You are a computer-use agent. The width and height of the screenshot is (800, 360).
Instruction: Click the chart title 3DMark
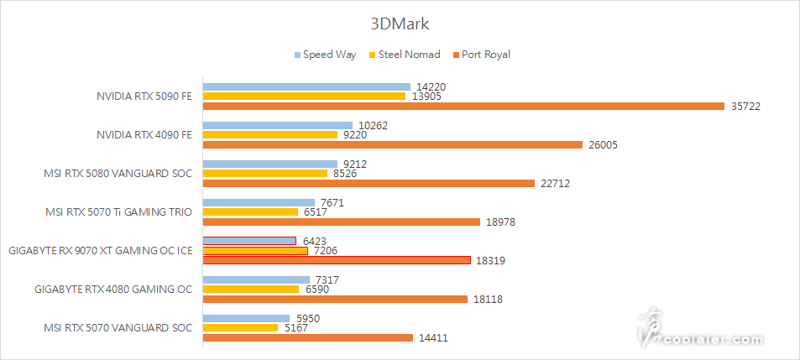pyautogui.click(x=400, y=24)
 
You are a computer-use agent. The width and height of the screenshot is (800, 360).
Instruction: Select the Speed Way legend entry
pyautogui.click(x=325, y=55)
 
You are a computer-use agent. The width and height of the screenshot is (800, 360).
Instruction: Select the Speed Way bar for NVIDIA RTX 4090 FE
pyautogui.click(x=278, y=126)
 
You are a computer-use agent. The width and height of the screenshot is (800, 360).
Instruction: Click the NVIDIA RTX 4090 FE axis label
pyautogui.click(x=144, y=135)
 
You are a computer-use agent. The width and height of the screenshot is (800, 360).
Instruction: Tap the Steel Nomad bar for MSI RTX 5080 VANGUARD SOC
pyautogui.click(x=265, y=174)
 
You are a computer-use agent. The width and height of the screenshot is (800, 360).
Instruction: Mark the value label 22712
pyautogui.click(x=557, y=184)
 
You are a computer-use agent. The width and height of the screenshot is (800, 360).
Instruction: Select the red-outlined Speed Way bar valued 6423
pyautogui.click(x=249, y=241)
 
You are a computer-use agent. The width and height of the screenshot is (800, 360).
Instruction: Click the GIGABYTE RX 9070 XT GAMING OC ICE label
pyautogui.click(x=99, y=251)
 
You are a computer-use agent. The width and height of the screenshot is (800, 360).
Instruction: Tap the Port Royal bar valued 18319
pyautogui.click(x=337, y=260)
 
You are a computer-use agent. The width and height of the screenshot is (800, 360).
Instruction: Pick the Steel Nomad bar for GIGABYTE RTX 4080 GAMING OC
pyautogui.click(x=251, y=290)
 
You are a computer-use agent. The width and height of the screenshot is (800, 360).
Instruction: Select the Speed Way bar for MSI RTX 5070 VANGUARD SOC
pyautogui.click(x=245, y=319)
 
